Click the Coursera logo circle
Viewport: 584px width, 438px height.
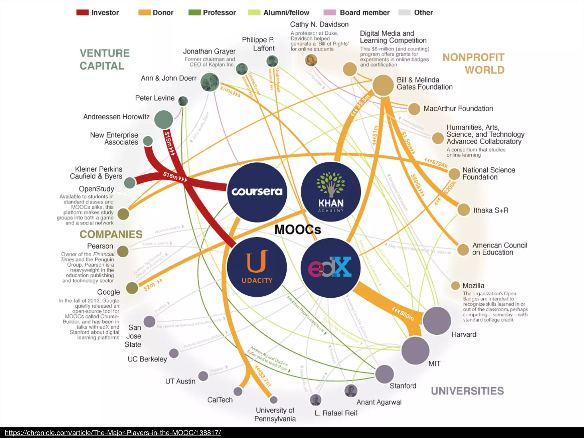pos(257,192)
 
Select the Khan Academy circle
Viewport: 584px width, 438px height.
pos(331,192)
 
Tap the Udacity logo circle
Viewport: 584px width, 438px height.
pos(257,267)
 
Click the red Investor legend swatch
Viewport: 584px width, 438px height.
pos(82,13)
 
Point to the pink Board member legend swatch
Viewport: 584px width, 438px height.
pos(330,13)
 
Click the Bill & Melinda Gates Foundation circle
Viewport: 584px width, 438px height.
pos(383,85)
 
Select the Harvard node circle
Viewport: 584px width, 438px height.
pos(437,321)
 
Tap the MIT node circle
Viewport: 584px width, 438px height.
pos(415,350)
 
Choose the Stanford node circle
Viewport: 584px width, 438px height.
pos(384,374)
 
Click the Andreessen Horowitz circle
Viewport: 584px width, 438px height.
pos(164,119)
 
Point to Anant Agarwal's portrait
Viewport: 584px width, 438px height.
pos(351,391)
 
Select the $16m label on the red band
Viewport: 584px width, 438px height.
pos(171,175)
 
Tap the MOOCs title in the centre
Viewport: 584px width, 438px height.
pos(298,230)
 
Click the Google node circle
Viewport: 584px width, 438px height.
pos(132,288)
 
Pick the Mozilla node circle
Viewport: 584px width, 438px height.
pos(455,285)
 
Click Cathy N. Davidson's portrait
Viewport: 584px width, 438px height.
pos(311,60)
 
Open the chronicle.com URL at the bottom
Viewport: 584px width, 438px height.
pos(113,433)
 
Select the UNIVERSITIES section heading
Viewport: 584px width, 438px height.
pos(467,391)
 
